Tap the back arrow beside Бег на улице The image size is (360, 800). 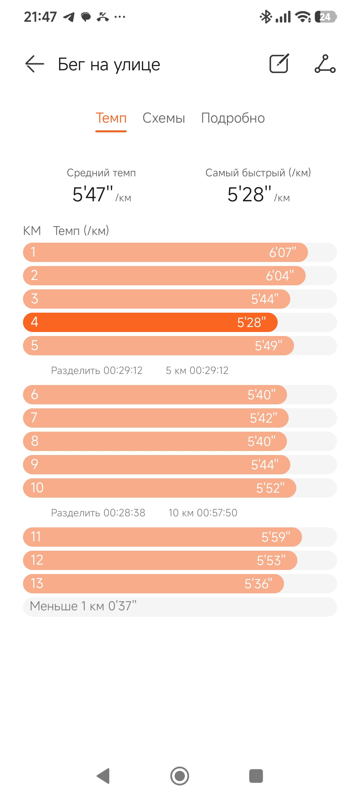[35, 64]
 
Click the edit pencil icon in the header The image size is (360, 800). [279, 63]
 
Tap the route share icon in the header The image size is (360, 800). [325, 64]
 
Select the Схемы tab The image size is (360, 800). [164, 118]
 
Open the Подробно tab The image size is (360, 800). [233, 118]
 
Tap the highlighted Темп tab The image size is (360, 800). [111, 118]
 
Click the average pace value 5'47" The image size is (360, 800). [93, 194]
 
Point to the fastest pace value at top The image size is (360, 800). [249, 194]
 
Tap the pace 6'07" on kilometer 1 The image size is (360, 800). [283, 253]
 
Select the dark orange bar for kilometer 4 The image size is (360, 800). [150, 322]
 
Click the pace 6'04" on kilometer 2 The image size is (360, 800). [280, 276]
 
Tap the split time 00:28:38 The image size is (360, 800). [124, 513]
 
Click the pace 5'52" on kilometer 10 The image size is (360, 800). [270, 488]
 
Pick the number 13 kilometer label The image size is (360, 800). [37, 584]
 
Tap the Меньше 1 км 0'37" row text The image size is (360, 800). [83, 606]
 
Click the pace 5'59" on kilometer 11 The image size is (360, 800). [276, 537]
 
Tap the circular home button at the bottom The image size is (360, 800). [180, 776]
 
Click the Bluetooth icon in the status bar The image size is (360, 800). [266, 17]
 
